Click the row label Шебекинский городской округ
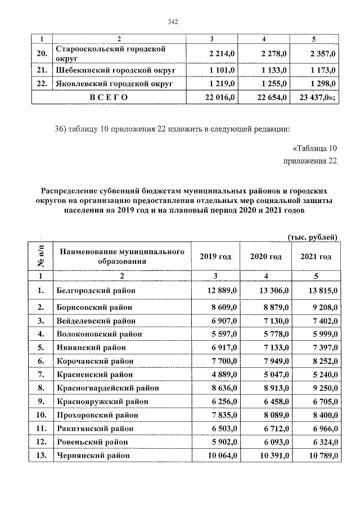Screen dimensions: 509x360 tap(116, 70)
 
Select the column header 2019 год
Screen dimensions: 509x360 tap(215, 256)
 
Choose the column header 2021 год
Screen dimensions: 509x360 tap(316, 256)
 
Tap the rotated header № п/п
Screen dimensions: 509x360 tap(40, 256)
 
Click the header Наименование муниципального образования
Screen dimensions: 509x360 tap(121, 256)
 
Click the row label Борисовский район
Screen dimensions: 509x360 tap(95, 307)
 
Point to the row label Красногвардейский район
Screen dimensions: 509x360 tap(107, 388)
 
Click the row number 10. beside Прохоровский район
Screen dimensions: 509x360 tap(40, 415)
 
